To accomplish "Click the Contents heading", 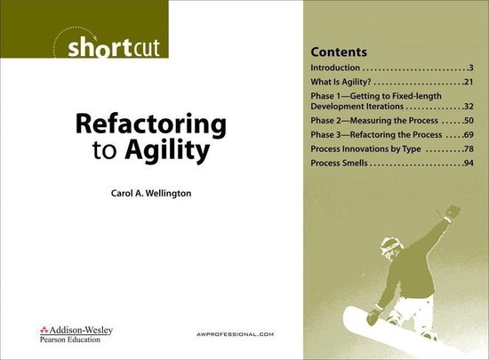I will click(x=341, y=48).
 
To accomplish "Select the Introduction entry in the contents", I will click(x=336, y=68).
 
